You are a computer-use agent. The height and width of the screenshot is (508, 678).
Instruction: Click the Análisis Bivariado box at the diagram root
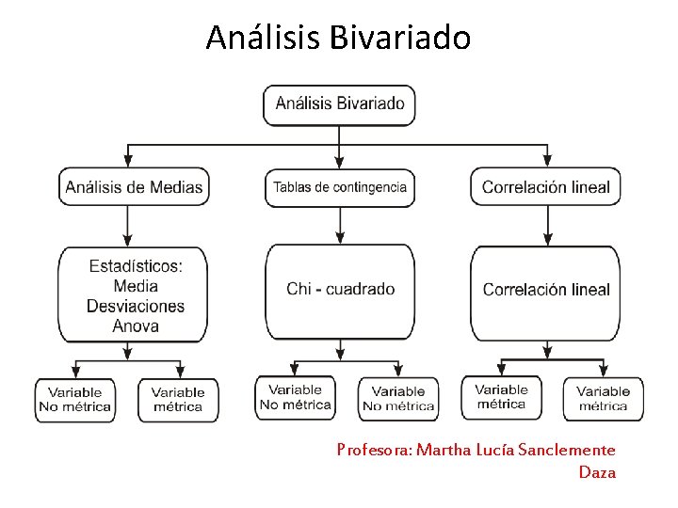(339, 104)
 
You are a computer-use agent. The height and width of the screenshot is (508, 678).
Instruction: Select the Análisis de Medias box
(134, 187)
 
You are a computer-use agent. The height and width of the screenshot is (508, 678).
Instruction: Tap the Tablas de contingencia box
(340, 187)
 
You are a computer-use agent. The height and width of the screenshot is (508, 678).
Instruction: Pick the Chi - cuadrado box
(340, 290)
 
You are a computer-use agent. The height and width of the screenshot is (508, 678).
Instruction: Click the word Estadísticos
(136, 266)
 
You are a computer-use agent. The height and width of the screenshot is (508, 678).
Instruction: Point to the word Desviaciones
(136, 307)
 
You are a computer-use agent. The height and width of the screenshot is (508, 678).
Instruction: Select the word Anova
(136, 326)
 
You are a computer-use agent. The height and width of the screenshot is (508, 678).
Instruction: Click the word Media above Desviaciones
(136, 286)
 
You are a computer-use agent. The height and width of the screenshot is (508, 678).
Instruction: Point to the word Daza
(597, 472)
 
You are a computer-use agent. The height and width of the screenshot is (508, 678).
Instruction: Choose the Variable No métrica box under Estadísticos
(74, 400)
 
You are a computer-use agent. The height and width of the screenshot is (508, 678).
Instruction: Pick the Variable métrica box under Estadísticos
(178, 400)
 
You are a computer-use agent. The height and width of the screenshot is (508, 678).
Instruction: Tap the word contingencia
(368, 187)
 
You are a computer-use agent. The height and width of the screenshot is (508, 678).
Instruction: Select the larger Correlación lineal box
(546, 290)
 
